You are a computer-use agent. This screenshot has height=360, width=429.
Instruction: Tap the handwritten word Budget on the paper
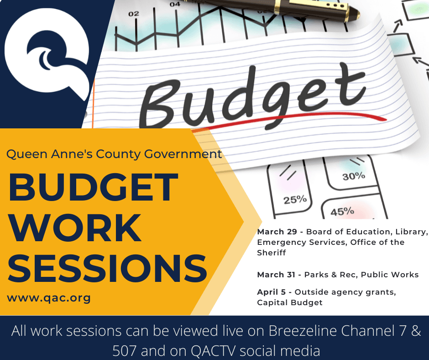pos(256,95)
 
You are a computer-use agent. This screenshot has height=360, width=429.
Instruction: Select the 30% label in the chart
pos(354,176)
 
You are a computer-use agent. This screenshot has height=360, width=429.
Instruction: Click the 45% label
pos(342,212)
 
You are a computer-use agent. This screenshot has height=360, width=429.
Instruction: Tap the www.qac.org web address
pos(49,298)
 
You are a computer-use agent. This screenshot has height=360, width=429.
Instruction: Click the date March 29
pos(276,232)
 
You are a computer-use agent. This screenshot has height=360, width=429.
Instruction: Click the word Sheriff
pos(272,253)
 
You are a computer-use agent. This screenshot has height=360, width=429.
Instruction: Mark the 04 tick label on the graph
pos(175,4)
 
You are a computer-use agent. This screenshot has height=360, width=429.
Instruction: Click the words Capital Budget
pos(290,302)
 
